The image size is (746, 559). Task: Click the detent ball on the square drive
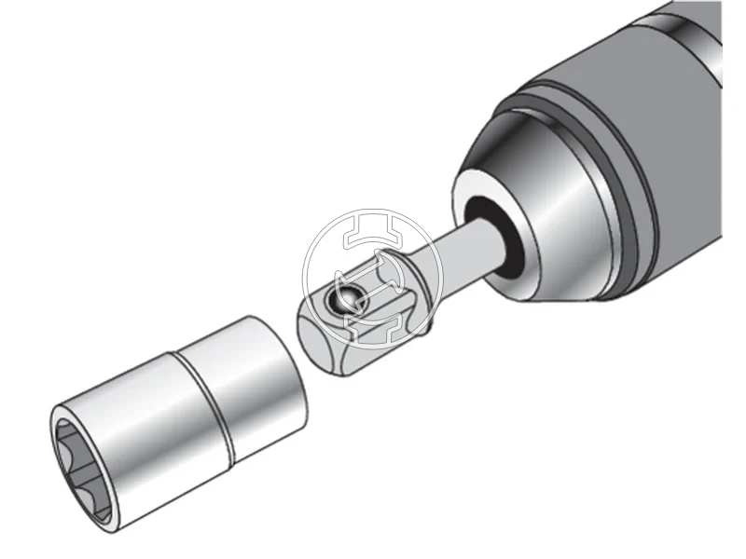tap(348, 299)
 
